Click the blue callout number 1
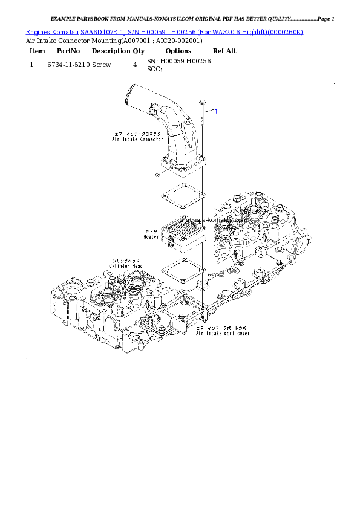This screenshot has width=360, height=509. [216, 111]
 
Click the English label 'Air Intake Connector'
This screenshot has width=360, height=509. [137, 140]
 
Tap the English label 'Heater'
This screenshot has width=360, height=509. [151, 237]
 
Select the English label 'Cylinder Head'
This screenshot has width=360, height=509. [125, 265]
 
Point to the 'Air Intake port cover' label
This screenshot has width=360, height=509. [223, 333]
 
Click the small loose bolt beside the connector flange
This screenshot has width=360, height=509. [156, 175]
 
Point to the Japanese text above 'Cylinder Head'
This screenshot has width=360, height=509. [125, 259]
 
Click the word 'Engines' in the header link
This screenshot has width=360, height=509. [36, 31]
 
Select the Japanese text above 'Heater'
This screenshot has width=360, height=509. [151, 231]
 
